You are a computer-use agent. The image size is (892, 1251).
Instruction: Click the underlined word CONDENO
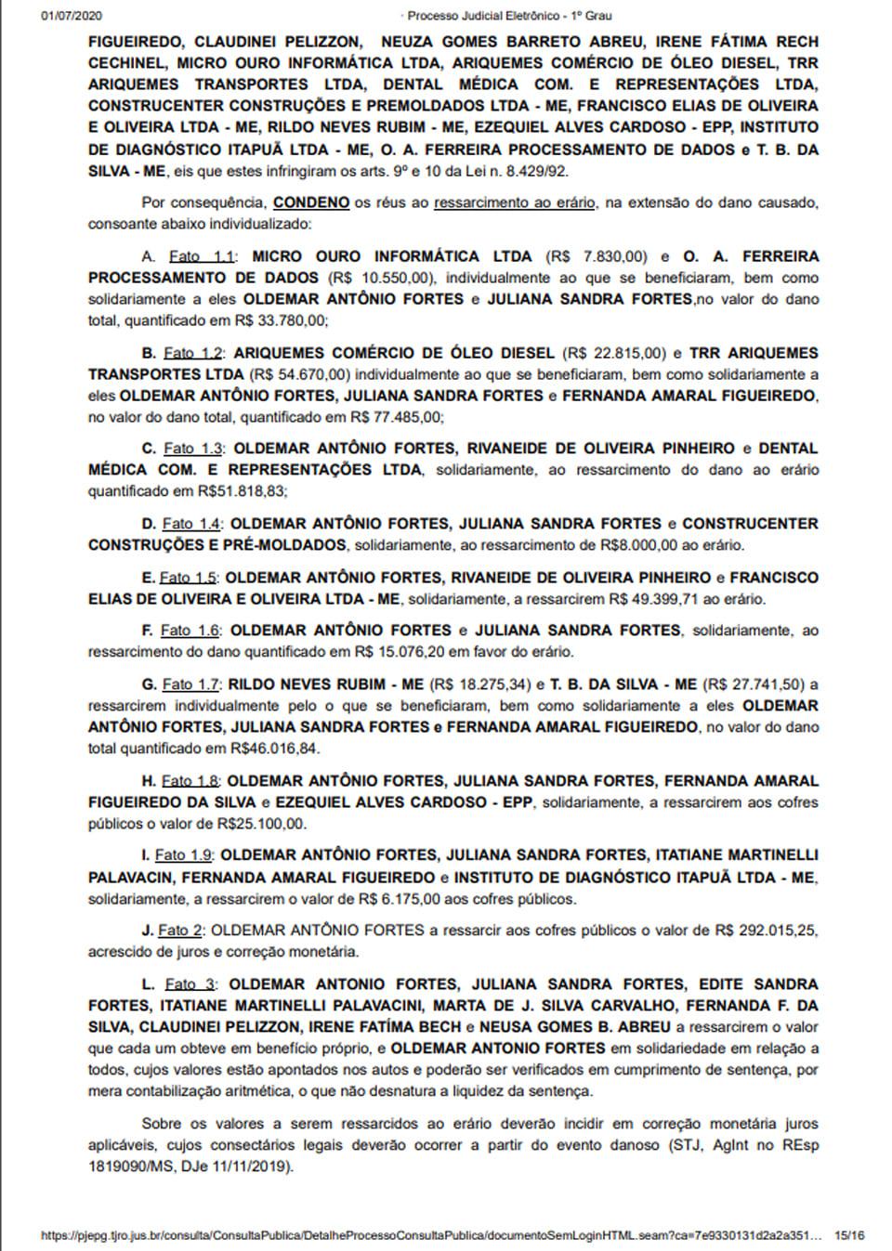[x=311, y=202]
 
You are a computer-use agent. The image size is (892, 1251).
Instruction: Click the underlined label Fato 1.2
[x=193, y=353]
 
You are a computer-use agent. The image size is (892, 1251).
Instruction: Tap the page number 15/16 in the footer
[x=849, y=1236]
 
